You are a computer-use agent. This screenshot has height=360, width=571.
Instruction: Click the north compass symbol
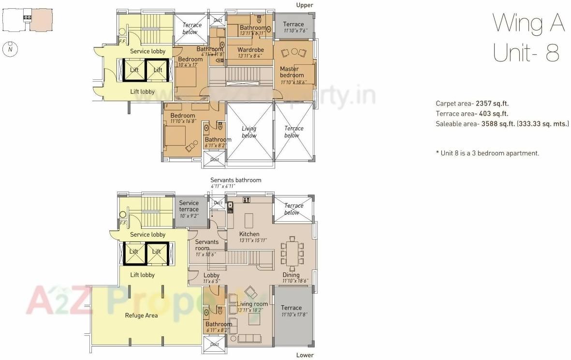click(x=10, y=49)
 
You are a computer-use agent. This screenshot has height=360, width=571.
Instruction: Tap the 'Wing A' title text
click(x=528, y=23)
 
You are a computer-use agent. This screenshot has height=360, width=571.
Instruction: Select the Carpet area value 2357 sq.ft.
click(x=492, y=104)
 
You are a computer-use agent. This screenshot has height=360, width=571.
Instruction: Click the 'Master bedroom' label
click(x=292, y=72)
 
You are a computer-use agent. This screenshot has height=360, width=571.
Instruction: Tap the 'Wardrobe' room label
click(x=250, y=50)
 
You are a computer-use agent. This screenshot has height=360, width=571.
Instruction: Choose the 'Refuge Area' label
click(x=141, y=315)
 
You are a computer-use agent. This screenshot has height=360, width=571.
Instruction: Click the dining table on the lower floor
click(x=292, y=253)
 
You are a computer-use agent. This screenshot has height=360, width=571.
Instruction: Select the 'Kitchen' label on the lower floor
click(x=249, y=234)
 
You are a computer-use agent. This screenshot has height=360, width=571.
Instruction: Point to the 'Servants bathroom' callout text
click(x=235, y=180)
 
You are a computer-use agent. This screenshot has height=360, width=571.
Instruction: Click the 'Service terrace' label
click(x=189, y=206)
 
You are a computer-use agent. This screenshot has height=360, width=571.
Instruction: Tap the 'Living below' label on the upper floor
click(x=249, y=132)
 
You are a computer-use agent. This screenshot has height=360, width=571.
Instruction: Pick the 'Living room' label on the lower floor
click(x=252, y=304)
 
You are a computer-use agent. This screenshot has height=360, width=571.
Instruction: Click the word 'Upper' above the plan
click(x=305, y=5)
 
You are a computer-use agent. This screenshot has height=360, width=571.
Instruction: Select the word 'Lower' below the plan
click(x=305, y=355)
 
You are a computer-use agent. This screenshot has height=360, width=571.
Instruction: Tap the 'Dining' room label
click(x=291, y=275)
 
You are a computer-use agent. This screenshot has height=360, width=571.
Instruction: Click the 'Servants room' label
click(x=206, y=245)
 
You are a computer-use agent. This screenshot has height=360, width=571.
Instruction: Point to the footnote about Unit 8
click(x=487, y=153)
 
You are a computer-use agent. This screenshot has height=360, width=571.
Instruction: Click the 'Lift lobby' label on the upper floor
click(x=142, y=91)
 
